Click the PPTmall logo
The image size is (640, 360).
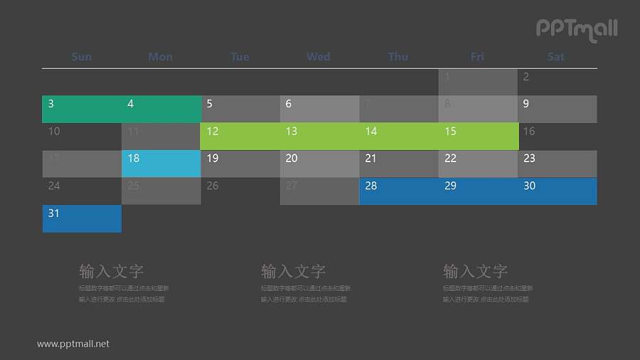coord(576,29)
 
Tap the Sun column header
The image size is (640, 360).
coord(82,57)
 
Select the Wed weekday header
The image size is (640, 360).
coord(319,57)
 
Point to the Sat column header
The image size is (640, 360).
coord(556,57)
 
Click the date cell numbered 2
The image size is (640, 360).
coord(557,82)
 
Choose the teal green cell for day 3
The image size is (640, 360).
coord(82,110)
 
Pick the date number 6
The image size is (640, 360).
coord(289,104)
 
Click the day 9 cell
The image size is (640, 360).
coord(557,110)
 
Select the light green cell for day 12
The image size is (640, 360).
coord(240,137)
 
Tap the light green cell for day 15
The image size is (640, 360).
coord(478,137)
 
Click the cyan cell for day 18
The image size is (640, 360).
coord(161,164)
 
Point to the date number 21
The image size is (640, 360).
coord(370,159)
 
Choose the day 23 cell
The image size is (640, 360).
coord(557,164)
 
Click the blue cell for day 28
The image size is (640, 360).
coord(399,191)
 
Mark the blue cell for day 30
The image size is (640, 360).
coord(557,191)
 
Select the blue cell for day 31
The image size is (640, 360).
coord(82,218)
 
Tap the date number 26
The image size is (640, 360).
coord(213,186)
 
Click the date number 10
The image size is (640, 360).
coord(54,132)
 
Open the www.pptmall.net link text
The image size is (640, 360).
coord(73,344)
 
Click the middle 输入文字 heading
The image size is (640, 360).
coord(294,271)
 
